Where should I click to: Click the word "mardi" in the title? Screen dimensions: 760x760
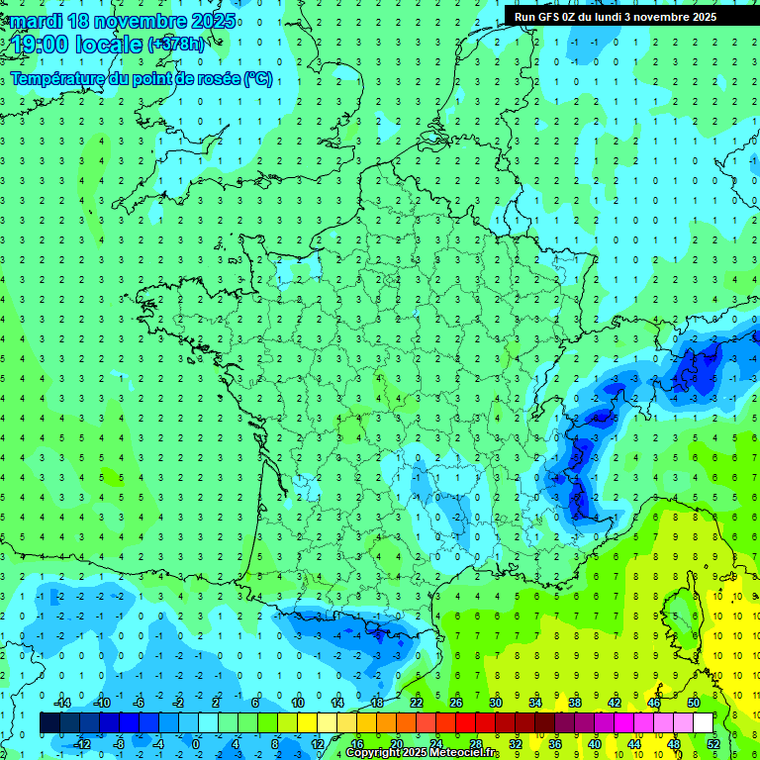(x=39, y=21)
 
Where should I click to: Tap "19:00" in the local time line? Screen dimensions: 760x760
(x=40, y=45)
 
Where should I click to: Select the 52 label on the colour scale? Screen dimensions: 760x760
(x=712, y=743)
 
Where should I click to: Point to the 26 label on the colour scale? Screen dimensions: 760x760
(x=456, y=703)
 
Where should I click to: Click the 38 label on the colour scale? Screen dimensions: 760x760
(x=575, y=703)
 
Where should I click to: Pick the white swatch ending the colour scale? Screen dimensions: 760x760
(x=703, y=723)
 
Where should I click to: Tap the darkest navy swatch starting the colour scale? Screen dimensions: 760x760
(x=49, y=723)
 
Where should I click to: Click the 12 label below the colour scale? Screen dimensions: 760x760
(x=317, y=743)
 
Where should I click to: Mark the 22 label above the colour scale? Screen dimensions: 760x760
(x=417, y=703)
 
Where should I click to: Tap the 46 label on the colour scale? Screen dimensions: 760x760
(x=654, y=703)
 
